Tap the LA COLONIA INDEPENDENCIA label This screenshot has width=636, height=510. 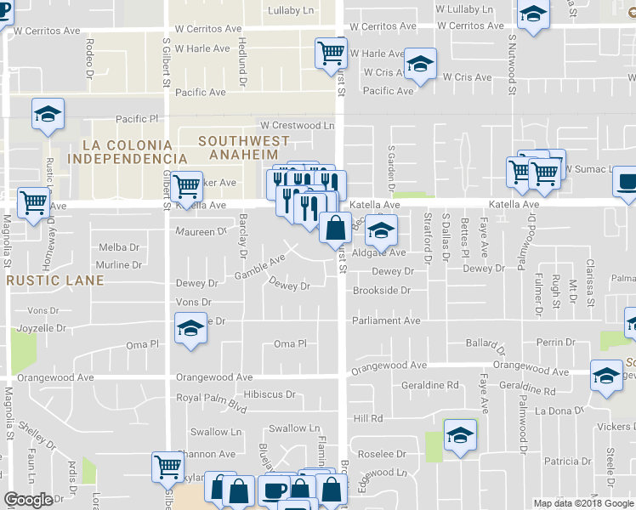coord(128,150)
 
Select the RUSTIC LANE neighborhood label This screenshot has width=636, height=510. coord(46,280)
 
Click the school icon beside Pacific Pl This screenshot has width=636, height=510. coord(48,114)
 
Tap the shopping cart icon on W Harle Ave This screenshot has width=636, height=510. coord(331,53)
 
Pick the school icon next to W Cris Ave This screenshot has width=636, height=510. coord(420,65)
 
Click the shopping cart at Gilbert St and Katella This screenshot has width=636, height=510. coord(185,184)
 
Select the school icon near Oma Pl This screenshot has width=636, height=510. coord(190,327)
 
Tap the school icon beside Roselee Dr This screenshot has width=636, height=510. coord(460,435)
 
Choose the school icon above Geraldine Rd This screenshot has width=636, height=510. coord(606,374)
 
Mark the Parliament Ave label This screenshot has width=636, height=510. coord(387,320)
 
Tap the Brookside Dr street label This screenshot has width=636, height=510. coord(382,290)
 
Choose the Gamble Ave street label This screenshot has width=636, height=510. coord(260,267)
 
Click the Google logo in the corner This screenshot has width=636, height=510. coord(27,500)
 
